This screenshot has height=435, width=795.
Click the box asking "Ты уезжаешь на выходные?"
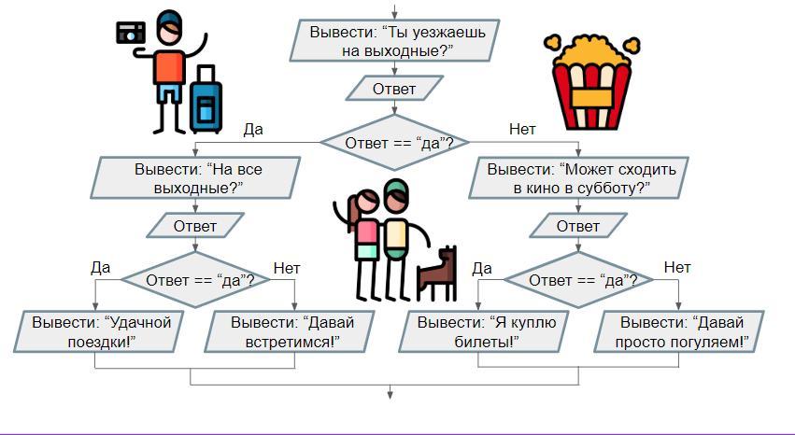pos(399,42)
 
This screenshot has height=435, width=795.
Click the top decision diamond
pos(399,143)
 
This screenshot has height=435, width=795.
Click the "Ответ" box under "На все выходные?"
pos(195,226)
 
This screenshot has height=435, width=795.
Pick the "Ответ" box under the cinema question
pos(578,226)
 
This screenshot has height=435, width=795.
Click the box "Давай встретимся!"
pos(292,331)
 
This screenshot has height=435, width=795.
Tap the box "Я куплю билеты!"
pos(487,331)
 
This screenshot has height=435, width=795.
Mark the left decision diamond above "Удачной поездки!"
pos(195,278)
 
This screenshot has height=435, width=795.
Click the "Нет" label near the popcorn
pos(522,130)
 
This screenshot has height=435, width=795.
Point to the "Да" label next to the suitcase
pos(252,130)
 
